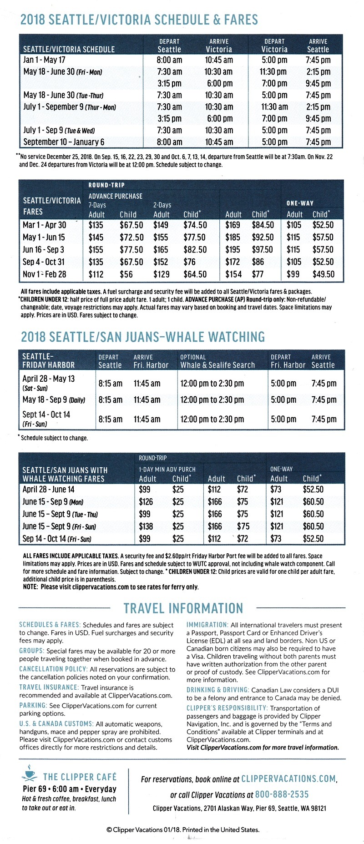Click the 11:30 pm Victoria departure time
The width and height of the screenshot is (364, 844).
pyautogui.click(x=273, y=72)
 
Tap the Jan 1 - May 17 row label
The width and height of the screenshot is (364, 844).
pyautogui.click(x=44, y=60)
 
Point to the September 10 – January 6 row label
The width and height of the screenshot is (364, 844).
pyautogui.click(x=64, y=142)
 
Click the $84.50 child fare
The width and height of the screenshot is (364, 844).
pyautogui.click(x=263, y=225)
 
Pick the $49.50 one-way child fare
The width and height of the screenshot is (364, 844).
pyautogui.click(x=323, y=274)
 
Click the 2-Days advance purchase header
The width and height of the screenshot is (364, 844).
pyautogui.click(x=162, y=205)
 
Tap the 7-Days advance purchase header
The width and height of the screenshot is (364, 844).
pyautogui.click(x=97, y=205)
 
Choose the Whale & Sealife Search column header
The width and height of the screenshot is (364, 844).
pyautogui.click(x=217, y=365)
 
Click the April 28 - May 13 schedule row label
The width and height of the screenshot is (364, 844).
pyautogui.click(x=48, y=379)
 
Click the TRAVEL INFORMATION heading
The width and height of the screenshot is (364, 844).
pyautogui.click(x=183, y=609)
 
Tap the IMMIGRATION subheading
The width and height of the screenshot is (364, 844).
pyautogui.click(x=207, y=625)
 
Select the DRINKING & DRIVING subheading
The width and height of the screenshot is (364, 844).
pyautogui.click(x=217, y=690)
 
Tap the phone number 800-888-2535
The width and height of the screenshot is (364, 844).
pyautogui.click(x=282, y=794)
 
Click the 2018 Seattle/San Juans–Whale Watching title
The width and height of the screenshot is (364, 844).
pyautogui.click(x=143, y=337)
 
